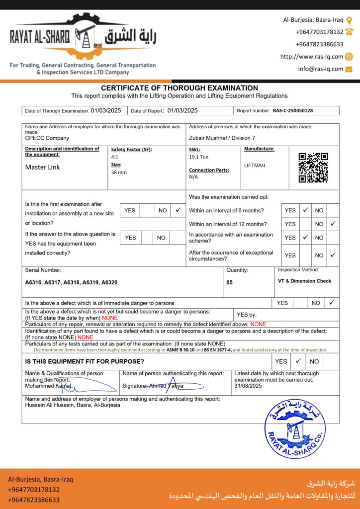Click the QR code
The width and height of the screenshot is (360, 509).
point(313,168)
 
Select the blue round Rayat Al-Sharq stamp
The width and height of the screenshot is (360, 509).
point(294,428)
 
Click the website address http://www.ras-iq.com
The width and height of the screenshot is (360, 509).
point(312,57)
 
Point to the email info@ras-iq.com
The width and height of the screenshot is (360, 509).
point(321,69)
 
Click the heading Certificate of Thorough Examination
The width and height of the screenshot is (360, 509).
point(180,88)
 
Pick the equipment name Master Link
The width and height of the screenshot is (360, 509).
point(42,167)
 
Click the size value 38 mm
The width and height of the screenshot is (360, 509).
point(119,172)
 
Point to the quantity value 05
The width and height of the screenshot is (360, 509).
point(229,282)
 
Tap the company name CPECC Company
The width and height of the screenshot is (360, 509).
point(47,138)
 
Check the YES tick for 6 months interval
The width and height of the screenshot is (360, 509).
point(305,210)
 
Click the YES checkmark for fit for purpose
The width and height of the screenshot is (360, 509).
point(298,361)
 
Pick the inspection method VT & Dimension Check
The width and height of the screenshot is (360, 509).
point(304,281)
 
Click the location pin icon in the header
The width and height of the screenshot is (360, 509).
point(349,20)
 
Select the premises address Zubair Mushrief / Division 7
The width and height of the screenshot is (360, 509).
point(222,138)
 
